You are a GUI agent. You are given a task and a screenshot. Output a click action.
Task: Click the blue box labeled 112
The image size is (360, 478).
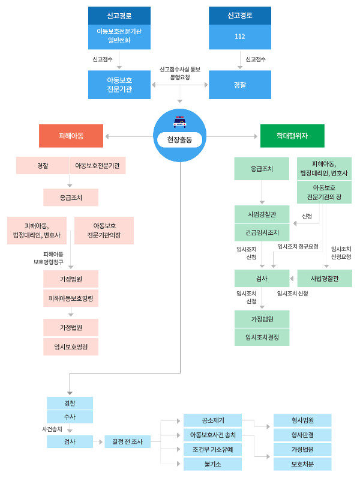(x=239, y=37)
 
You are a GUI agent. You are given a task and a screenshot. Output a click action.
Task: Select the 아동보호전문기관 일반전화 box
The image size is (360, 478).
(x=119, y=37)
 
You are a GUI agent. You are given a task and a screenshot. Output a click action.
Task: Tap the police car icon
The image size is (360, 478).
(x=179, y=122)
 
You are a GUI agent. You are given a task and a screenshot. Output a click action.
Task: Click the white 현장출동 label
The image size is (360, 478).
(x=179, y=140)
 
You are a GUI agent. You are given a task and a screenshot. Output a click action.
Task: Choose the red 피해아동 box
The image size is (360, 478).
(x=71, y=136)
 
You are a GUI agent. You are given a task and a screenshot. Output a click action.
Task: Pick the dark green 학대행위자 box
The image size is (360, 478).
(x=292, y=136)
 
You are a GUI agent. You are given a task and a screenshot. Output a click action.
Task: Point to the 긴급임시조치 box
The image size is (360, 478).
(x=262, y=232)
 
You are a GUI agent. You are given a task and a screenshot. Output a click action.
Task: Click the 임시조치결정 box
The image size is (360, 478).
(x=262, y=337)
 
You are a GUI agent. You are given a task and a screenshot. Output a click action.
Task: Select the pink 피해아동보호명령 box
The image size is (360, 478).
(x=71, y=298)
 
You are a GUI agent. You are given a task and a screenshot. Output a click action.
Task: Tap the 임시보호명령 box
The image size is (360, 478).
(x=71, y=346)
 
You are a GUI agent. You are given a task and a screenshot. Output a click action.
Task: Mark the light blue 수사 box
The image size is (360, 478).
(x=70, y=417)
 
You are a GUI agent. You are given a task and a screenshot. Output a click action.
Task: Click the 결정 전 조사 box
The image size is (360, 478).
(x=127, y=441)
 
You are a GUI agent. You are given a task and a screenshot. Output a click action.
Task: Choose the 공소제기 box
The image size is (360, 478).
(x=212, y=420)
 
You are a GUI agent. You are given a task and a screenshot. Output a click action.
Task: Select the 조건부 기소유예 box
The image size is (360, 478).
(x=212, y=449)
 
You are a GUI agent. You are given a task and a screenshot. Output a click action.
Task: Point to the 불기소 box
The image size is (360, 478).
(x=212, y=464)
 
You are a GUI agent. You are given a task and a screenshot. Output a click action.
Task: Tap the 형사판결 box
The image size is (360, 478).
(x=302, y=435)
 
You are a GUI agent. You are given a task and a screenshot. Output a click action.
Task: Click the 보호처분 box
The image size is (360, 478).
(x=302, y=464)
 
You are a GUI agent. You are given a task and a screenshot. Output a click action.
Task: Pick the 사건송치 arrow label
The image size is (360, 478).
(x=52, y=429)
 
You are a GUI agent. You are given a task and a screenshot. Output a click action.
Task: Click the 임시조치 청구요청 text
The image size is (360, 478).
(x=298, y=246)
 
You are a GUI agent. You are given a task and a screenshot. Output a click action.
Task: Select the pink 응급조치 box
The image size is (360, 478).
(x=71, y=198)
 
